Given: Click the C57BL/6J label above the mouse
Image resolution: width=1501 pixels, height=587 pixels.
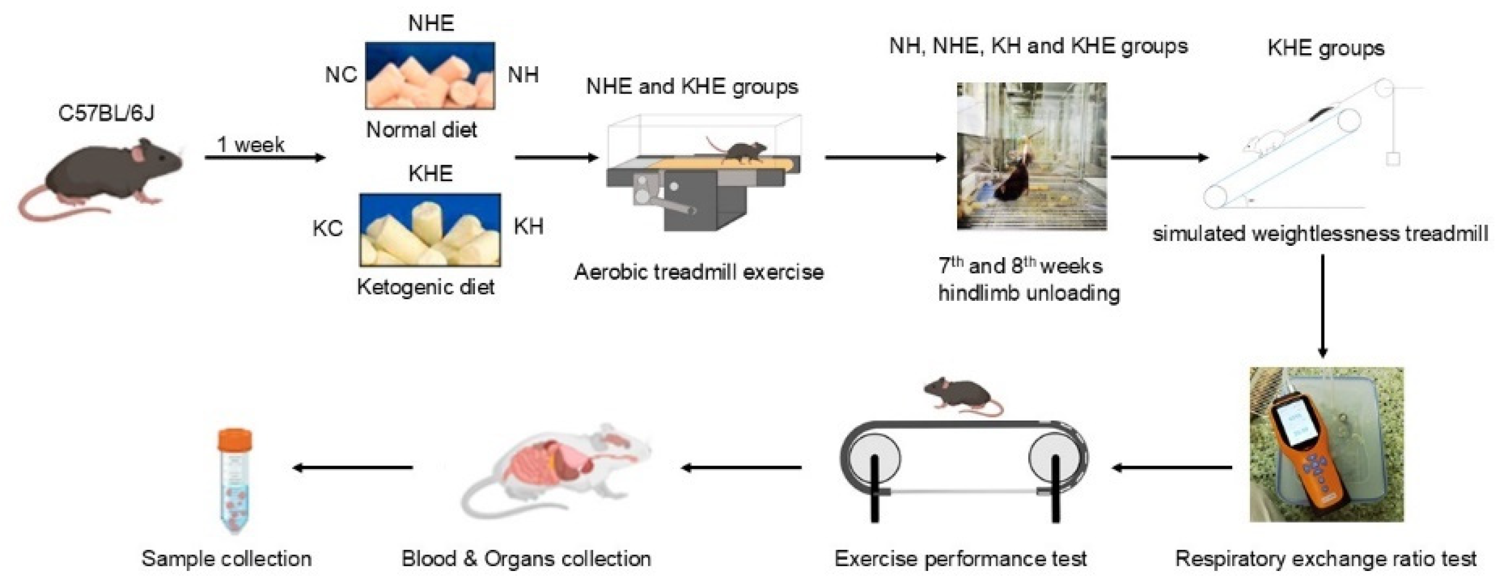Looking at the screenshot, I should (x=106, y=113).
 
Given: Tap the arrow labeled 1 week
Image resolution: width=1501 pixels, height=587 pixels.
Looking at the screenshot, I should (x=265, y=158).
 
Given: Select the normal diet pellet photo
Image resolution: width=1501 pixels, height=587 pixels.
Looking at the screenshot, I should (x=430, y=75).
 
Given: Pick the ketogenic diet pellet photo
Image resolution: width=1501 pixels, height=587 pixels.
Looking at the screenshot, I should (x=430, y=230).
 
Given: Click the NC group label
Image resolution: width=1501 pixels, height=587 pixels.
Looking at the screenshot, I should (x=341, y=75).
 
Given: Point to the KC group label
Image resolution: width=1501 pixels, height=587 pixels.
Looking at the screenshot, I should (x=328, y=229).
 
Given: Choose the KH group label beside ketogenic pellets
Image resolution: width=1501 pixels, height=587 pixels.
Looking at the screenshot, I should (x=528, y=226).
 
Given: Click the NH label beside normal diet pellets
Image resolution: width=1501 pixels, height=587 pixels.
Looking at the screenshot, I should (x=523, y=75).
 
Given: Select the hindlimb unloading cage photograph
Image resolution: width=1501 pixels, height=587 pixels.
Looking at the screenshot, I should (x=1031, y=156).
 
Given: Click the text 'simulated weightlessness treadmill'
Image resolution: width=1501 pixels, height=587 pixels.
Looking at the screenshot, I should (x=1320, y=234).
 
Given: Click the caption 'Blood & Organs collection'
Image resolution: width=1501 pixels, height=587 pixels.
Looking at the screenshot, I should (x=526, y=559).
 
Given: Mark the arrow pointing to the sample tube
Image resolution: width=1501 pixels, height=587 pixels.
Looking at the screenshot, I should (x=353, y=468).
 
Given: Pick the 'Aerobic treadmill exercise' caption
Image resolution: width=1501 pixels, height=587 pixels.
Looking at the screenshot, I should (x=699, y=272).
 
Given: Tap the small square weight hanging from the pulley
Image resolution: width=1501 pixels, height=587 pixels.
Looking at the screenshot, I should (x=1393, y=159).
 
